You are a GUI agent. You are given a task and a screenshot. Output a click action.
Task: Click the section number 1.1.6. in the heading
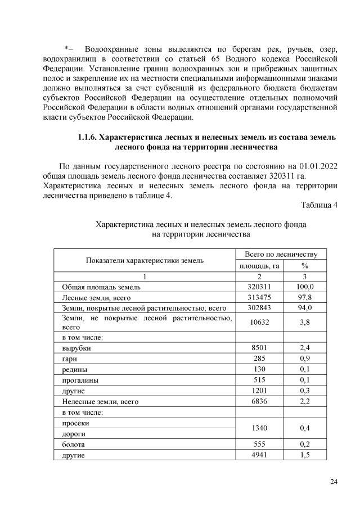[x=87, y=137]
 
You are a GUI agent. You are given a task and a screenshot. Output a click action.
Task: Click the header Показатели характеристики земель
[x=145, y=260]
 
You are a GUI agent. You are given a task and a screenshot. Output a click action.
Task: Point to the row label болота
[x=73, y=444]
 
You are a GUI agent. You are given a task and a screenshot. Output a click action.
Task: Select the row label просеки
[x=75, y=423]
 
